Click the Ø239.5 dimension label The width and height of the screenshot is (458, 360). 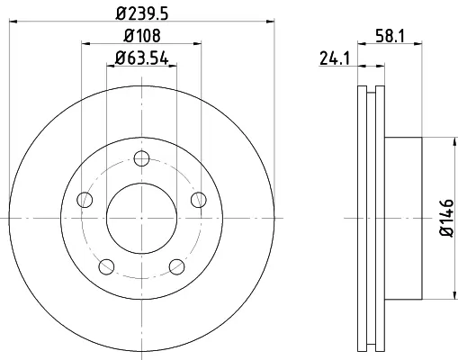click(x=142, y=13)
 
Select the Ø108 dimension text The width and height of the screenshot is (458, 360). click(x=142, y=36)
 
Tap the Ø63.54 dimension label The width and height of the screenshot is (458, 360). click(x=141, y=58)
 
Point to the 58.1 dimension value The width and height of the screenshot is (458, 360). click(x=390, y=36)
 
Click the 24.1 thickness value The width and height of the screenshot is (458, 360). click(x=335, y=58)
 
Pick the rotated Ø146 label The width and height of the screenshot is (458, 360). click(x=447, y=218)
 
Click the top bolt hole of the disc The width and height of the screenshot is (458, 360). click(x=141, y=158)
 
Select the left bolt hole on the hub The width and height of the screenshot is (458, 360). click(x=85, y=200)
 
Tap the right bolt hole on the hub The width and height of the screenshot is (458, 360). click(x=199, y=200)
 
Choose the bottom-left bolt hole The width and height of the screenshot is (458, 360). click(x=106, y=266)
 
